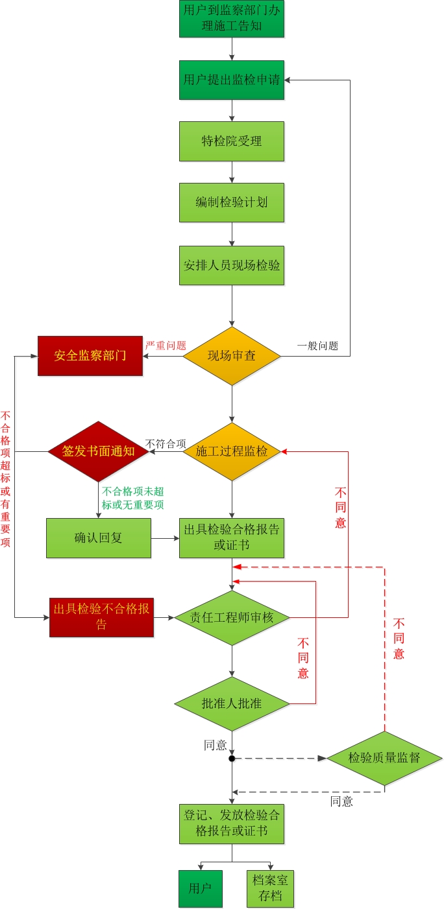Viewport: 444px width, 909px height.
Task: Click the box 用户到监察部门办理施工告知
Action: pos(232,19)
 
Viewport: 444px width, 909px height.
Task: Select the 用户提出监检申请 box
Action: pos(232,80)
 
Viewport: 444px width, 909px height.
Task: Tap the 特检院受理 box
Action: pos(232,141)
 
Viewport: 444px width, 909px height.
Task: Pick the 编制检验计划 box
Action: pos(232,202)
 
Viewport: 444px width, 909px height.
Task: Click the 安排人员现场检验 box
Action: pos(232,265)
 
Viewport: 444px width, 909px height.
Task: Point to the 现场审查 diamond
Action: pos(232,355)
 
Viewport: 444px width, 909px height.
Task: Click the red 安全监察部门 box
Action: pos(90,355)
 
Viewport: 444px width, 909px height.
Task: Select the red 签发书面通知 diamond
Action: pos(99,451)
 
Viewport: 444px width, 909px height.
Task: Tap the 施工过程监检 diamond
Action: pos(232,451)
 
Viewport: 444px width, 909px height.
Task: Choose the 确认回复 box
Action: pos(99,537)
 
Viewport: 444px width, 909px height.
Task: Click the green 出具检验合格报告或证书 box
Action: pos(232,537)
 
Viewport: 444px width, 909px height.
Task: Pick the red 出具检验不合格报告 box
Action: pos(101,617)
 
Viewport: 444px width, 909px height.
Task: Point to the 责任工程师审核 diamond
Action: pos(232,617)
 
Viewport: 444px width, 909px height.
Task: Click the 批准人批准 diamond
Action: pos(232,703)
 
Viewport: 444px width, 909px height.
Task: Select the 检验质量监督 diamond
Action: pos(384,758)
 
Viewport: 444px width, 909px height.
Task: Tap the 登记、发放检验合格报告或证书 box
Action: pos(232,824)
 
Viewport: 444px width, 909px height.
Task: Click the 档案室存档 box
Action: pos(271,888)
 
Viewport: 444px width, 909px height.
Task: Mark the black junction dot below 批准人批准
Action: pos(232,758)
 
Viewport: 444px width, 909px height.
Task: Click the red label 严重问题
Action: pos(166,346)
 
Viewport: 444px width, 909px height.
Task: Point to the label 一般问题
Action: pos(317,346)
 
